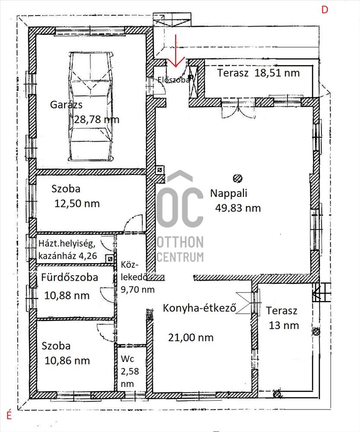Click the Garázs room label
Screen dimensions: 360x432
66,105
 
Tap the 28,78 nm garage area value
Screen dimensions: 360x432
97,120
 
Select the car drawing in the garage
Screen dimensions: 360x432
91,106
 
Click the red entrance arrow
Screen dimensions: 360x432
176,51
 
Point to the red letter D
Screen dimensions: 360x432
325,10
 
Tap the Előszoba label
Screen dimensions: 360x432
174,79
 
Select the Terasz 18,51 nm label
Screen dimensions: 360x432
259,73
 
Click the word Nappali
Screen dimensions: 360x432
228,193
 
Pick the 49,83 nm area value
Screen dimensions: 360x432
238,208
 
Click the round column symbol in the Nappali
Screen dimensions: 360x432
237,178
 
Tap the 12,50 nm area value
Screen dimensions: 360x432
77,203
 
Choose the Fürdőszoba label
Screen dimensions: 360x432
69,277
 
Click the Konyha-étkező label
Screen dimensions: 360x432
199,308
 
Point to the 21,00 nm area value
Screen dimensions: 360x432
191,337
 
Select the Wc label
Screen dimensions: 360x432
127,359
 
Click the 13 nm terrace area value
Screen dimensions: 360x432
284,325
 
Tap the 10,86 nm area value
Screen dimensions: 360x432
67,361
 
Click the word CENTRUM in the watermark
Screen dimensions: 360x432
180,257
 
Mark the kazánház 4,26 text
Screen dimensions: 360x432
68,256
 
